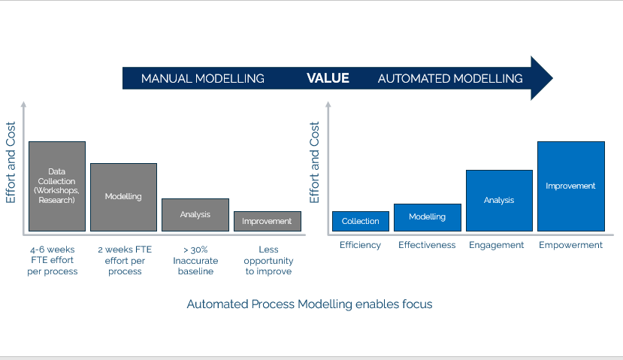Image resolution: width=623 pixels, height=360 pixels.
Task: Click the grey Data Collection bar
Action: point(57,186)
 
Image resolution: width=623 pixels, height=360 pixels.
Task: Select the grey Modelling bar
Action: point(123,197)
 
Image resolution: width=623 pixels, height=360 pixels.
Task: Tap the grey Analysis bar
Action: point(195,214)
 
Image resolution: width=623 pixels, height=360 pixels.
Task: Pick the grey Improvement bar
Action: point(268,221)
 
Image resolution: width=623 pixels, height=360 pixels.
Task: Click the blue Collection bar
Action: point(361,221)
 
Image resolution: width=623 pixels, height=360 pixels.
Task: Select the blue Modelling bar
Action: point(428,217)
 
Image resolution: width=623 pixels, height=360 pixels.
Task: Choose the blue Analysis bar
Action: point(499,201)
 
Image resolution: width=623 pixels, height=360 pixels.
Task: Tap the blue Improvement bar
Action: point(571,186)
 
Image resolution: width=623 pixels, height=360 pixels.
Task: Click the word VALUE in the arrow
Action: point(328,78)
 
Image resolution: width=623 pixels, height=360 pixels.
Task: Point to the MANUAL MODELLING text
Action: point(203,79)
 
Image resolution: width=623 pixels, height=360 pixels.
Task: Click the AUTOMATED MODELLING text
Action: point(450,79)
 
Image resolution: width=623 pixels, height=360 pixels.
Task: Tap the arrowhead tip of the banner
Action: point(552,78)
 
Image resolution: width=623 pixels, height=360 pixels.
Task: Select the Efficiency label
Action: point(361,245)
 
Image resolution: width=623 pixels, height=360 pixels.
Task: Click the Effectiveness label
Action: point(427,245)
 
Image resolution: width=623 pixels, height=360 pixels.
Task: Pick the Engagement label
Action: point(496,245)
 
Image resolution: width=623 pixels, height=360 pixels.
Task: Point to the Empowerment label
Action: point(570,245)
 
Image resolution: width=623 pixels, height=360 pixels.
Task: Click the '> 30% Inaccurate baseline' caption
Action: point(195,260)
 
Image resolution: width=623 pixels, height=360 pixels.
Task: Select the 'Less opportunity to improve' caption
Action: point(268,260)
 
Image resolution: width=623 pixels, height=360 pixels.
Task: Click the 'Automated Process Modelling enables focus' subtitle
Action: point(310,304)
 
